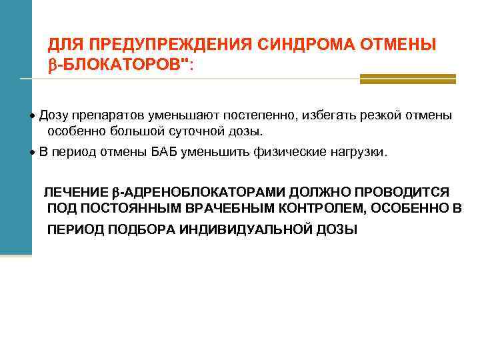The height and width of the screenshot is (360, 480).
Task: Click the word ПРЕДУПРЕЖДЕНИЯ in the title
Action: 169,45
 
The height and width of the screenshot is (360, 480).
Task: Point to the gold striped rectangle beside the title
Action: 407,79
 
